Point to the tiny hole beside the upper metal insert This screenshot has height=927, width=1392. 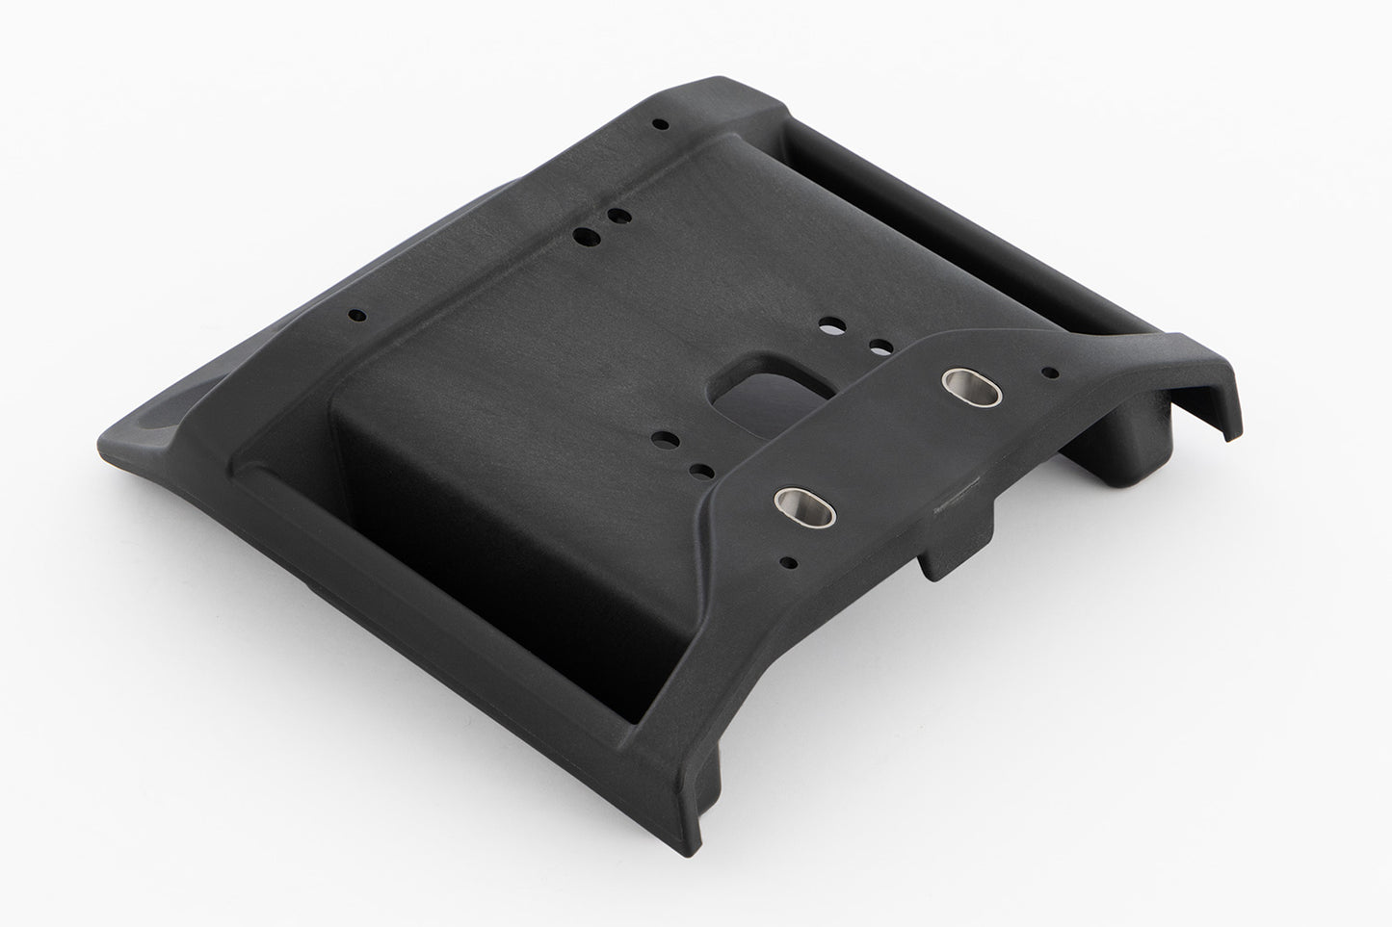click(1052, 372)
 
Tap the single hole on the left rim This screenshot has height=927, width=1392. click(356, 314)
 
